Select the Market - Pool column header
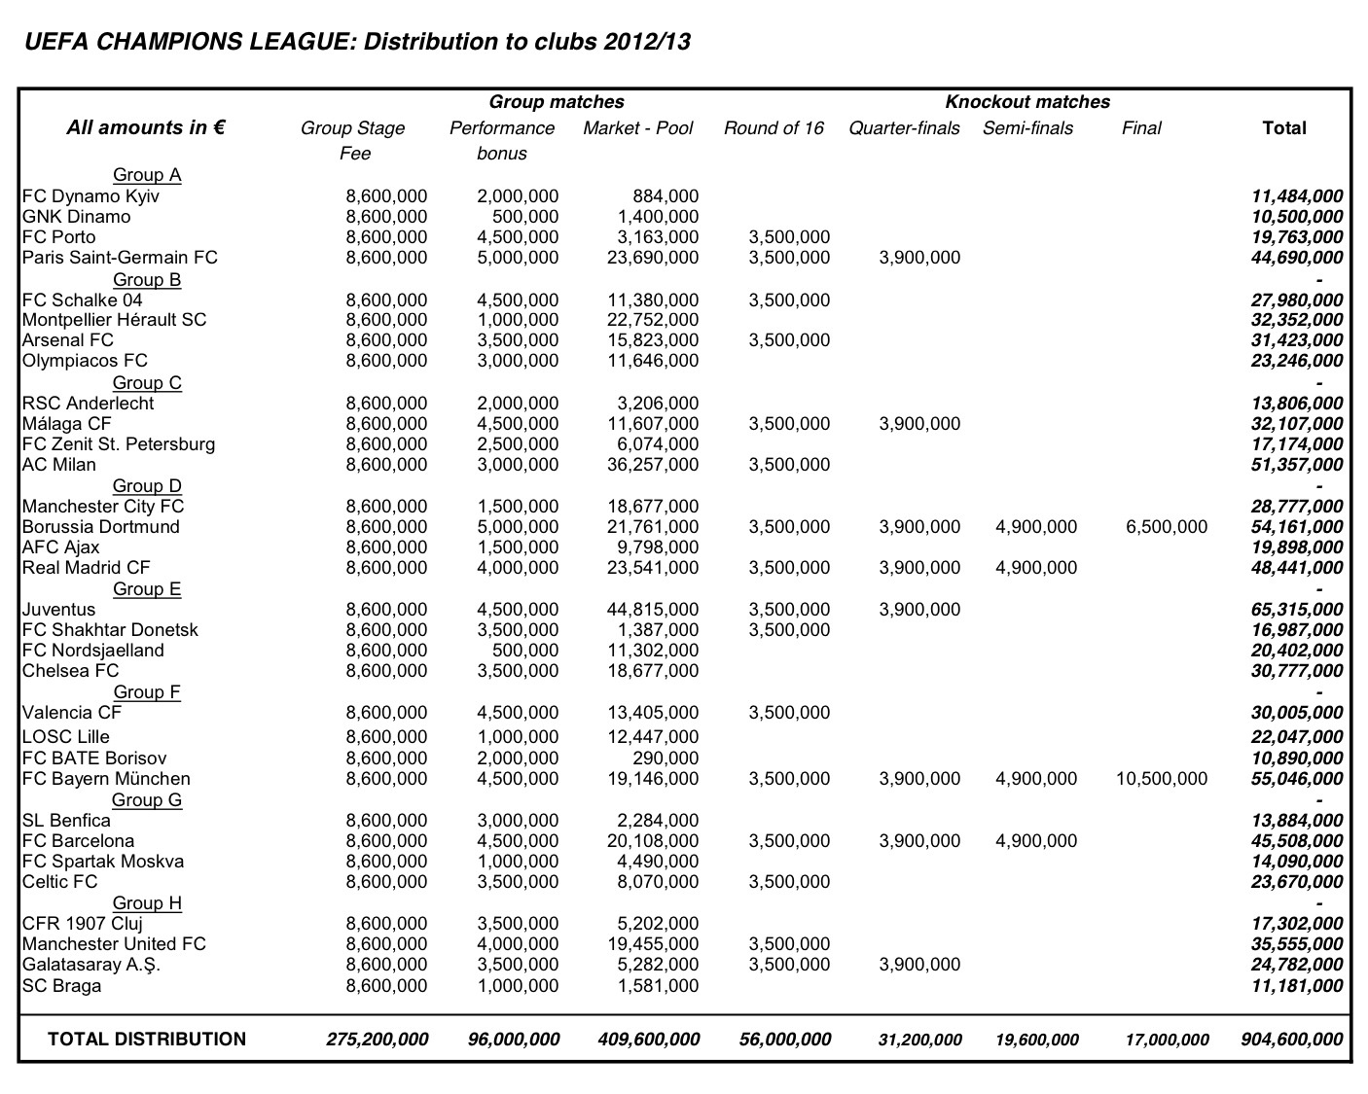tap(637, 128)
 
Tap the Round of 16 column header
tap(774, 128)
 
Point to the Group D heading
tap(147, 486)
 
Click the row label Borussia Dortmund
tap(101, 527)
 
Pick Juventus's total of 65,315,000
tap(1297, 610)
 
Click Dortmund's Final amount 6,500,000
tap(1166, 527)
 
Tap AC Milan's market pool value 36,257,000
tap(652, 465)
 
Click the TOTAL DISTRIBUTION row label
tap(147, 1040)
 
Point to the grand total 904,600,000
tap(1292, 1040)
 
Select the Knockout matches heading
tap(1027, 102)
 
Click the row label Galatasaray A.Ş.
tap(91, 965)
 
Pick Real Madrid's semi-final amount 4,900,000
tap(1036, 568)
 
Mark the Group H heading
tap(147, 903)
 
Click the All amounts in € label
tap(146, 127)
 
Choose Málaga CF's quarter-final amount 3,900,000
tap(918, 424)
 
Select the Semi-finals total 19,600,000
tap(1036, 1040)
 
